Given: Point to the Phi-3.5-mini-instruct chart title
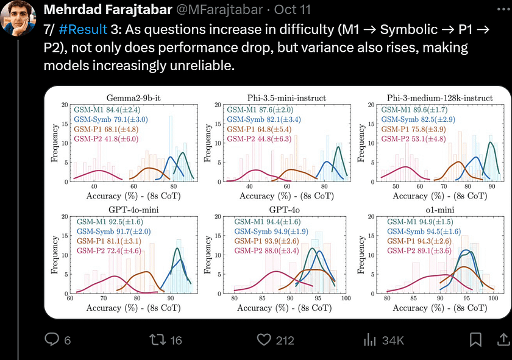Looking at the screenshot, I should [x=287, y=97].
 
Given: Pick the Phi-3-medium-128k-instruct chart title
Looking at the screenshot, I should [x=439, y=97].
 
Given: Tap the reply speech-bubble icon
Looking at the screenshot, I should [x=52, y=340].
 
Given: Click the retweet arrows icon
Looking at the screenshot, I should [x=158, y=340].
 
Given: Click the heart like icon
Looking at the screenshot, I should [x=263, y=340].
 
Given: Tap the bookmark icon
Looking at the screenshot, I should [x=476, y=340].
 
